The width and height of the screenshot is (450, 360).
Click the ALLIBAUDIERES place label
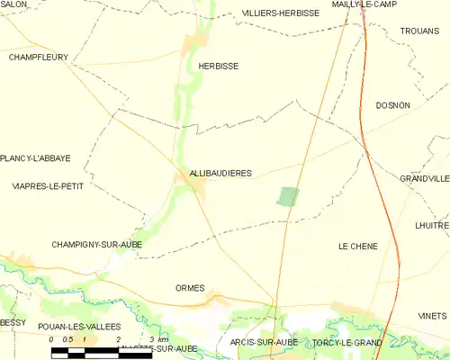pos(220,172)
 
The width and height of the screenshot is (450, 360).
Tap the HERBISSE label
pos(218,66)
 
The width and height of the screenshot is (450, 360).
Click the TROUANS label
pos(419,30)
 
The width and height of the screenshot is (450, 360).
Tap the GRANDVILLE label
pos(425,179)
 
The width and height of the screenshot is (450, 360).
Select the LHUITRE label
pos(432,225)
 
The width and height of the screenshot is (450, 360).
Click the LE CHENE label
pos(357,246)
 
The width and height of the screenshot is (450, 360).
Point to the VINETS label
pos(432,316)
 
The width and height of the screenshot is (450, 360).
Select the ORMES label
pos(190,288)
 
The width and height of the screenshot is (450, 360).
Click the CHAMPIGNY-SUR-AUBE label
pos(96,244)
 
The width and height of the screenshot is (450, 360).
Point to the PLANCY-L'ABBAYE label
pos(36,158)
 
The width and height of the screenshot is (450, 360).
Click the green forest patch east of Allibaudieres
pos(288,196)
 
